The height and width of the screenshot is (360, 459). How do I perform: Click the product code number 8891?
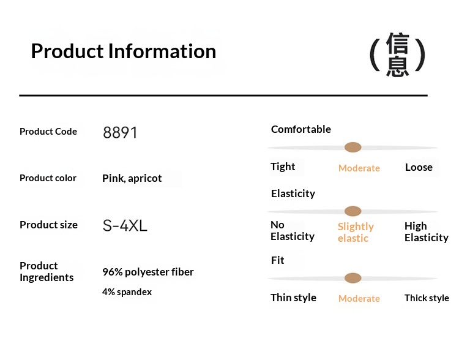tap(120, 132)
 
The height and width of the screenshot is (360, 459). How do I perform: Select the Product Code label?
tap(48, 132)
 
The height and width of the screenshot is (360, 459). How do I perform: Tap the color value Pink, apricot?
tap(132, 178)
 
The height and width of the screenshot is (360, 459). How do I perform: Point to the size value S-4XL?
tap(125, 226)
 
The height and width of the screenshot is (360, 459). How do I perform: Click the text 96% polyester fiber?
tap(148, 272)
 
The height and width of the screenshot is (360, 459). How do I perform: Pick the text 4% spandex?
tap(127, 292)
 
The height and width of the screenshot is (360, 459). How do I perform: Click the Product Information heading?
tap(124, 51)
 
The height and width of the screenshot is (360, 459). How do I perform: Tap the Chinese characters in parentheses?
tap(397, 54)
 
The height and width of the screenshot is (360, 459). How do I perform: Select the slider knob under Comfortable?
tap(353, 148)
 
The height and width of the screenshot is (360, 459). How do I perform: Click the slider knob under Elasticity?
tap(353, 211)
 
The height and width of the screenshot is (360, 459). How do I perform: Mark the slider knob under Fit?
tap(353, 278)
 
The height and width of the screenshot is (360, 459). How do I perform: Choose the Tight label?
tap(283, 167)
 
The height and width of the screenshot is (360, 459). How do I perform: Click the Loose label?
tap(419, 167)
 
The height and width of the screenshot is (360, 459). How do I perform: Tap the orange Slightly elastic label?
tap(356, 232)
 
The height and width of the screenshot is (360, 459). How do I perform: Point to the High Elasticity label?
tap(427, 231)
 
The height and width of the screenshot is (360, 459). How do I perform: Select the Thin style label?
tap(293, 298)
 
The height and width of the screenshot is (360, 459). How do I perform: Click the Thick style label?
tap(427, 298)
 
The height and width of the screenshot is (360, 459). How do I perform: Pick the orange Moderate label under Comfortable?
tap(359, 168)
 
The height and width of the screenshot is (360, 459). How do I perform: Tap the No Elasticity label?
tap(293, 231)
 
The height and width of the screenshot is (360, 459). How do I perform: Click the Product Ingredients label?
tap(47, 272)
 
